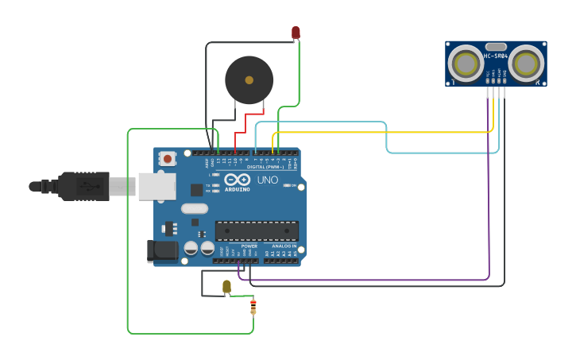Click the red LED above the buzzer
296,33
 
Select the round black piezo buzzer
249,80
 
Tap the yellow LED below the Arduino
226,286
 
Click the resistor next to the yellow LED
253,305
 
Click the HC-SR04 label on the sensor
496,56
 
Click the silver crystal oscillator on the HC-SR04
496,47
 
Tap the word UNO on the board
268,180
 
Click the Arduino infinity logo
237,180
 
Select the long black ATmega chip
257,230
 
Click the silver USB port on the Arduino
157,186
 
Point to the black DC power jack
164,251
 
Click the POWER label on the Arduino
249,246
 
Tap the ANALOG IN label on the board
283,246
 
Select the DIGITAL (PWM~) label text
266,167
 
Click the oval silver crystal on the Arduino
194,209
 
